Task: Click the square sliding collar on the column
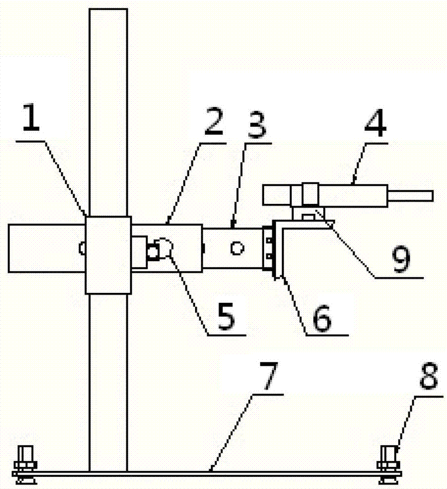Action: click(108, 255)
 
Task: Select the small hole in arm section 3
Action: click(237, 249)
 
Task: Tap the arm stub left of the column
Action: click(46, 248)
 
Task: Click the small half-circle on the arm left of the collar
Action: click(82, 249)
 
